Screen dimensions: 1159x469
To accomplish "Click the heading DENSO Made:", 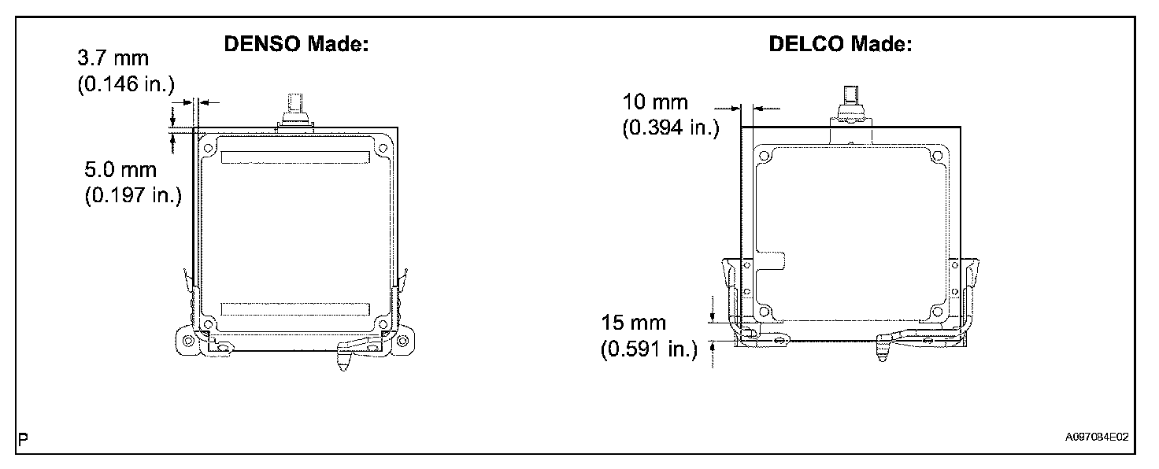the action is [x=296, y=44].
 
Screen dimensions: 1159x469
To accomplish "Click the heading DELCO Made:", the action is [x=840, y=44].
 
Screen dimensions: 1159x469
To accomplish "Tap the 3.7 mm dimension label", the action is [x=113, y=58].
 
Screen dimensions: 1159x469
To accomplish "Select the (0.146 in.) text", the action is [x=126, y=83].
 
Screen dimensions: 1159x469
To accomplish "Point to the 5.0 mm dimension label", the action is [x=120, y=170].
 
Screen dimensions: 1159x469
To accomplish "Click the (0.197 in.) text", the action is [x=134, y=195].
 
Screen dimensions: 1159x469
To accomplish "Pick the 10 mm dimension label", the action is [x=655, y=102].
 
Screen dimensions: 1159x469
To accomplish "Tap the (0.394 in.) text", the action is [x=671, y=127].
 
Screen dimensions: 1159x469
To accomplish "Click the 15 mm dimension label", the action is [x=633, y=323].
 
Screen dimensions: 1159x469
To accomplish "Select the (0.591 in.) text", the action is [x=650, y=349].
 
